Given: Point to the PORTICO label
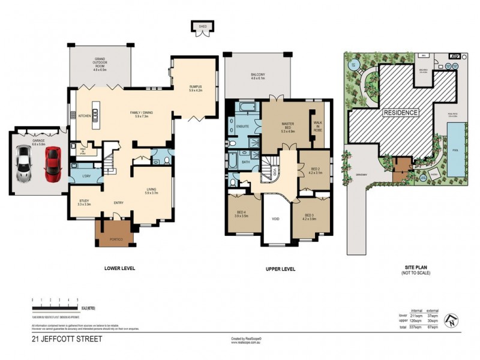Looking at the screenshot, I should point(116,239).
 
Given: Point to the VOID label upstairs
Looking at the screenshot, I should point(275,219).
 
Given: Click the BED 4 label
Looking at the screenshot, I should point(243,214).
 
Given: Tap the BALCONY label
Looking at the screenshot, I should point(257,76).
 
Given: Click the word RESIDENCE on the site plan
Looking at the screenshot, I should point(401,112).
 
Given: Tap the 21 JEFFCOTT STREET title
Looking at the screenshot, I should point(67,340).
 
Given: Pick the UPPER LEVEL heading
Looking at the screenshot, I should point(280,269).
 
